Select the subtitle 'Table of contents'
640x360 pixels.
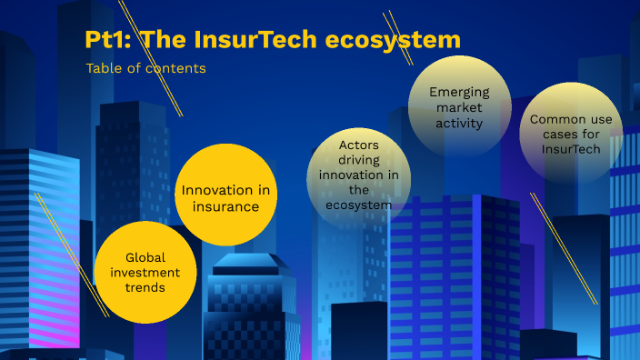click(x=145, y=68)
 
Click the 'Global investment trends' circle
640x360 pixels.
click(x=145, y=271)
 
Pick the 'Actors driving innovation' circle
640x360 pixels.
click(x=358, y=174)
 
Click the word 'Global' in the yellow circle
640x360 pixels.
click(x=145, y=257)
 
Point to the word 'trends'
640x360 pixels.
click(x=145, y=287)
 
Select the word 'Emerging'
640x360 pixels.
click(x=458, y=92)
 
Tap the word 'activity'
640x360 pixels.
click(x=458, y=122)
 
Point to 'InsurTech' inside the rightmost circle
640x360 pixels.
click(x=571, y=148)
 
